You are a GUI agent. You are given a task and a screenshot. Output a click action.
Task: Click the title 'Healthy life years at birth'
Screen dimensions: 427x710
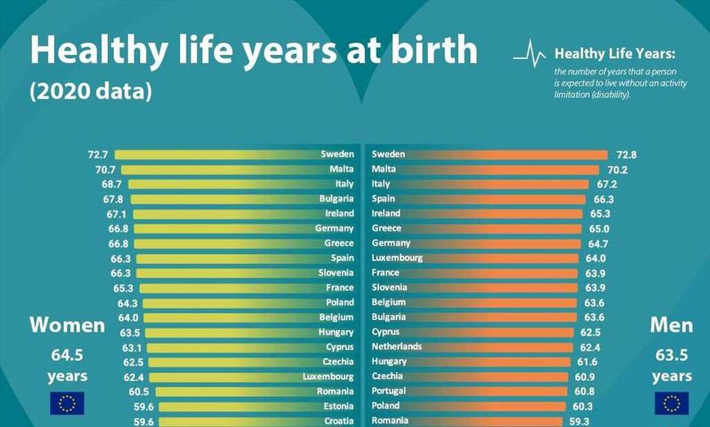coord(253,51)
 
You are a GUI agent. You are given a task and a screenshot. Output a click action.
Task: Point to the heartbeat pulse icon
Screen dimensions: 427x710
coord(530,53)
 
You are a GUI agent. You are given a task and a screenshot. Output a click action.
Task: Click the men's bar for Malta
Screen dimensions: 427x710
coord(485,169)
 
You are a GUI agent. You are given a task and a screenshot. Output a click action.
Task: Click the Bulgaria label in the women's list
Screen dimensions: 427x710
coord(336,199)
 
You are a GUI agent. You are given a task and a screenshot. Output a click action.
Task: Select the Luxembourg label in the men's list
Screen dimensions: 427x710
coord(397,258)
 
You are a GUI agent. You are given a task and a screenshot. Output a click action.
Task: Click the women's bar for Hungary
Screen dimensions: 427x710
coord(229,332)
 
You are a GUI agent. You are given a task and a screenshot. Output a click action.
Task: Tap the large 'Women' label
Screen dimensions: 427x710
coord(67,325)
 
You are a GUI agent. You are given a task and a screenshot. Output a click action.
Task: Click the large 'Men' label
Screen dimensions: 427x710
coord(671,325)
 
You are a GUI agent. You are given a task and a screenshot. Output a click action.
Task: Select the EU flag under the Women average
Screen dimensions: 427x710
coord(67,403)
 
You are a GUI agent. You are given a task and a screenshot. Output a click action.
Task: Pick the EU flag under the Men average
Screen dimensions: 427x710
coord(672,403)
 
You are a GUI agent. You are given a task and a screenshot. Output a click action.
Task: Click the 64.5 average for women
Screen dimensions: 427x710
coord(67,355)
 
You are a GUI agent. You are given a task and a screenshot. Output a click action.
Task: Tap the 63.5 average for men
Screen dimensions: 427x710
coord(671,355)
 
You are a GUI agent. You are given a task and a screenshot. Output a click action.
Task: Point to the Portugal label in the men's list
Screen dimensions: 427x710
coord(389,391)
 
